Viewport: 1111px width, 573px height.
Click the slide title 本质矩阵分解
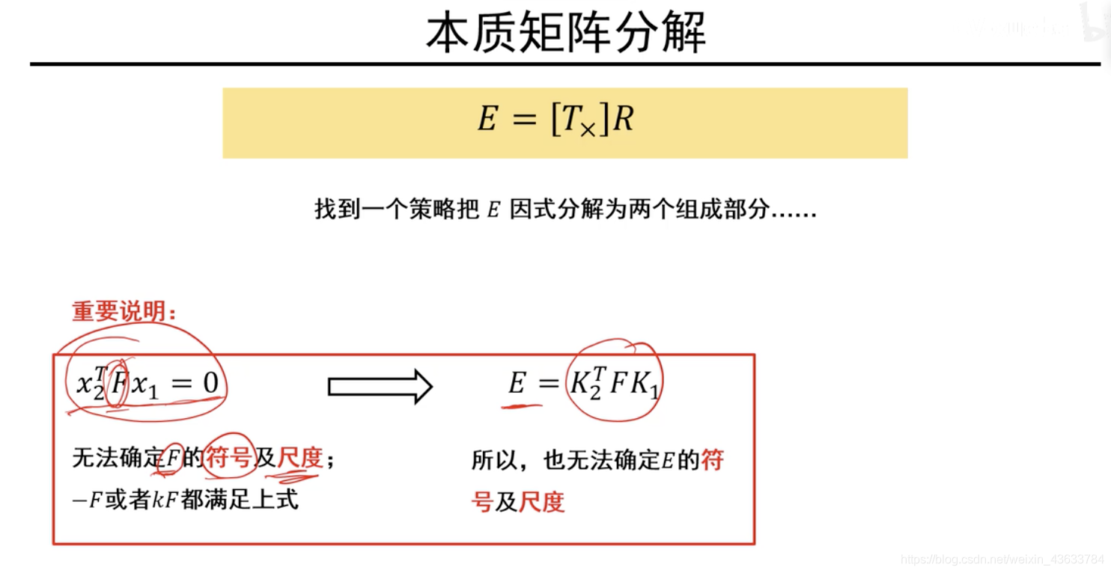point(566,32)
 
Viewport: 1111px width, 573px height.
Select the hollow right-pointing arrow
point(380,387)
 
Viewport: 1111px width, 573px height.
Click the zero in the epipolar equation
point(210,384)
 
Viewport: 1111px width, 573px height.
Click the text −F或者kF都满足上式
point(186,500)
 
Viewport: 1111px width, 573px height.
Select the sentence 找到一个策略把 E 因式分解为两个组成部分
point(565,210)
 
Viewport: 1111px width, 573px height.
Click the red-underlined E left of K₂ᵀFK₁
point(517,384)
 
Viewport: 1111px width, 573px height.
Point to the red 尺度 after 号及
point(541,502)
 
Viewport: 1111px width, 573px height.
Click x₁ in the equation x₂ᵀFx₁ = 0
point(145,386)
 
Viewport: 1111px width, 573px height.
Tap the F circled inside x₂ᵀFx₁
point(117,385)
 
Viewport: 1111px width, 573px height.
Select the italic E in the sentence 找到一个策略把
point(493,211)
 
